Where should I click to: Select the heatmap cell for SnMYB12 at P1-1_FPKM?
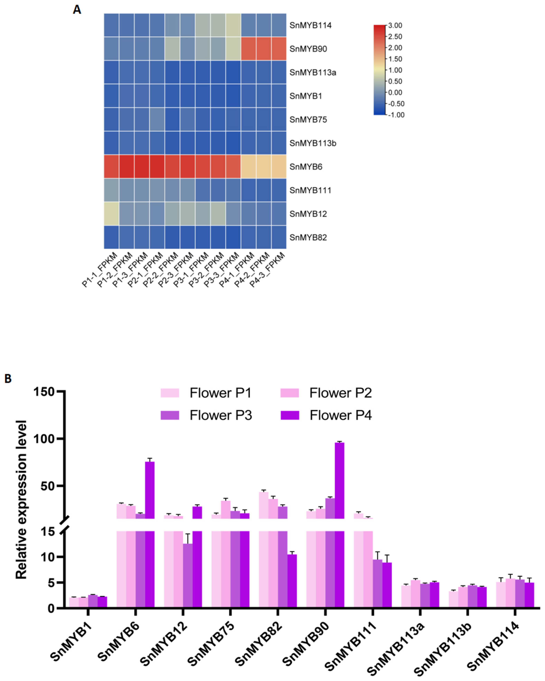point(112,214)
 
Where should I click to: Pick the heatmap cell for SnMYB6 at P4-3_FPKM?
point(279,167)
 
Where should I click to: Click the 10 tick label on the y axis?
point(47,557)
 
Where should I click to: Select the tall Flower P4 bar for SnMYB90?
point(339,474)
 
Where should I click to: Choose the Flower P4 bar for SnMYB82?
point(292,581)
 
